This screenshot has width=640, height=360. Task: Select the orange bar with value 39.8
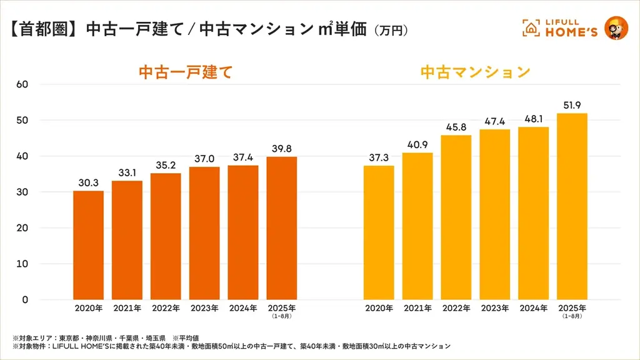282,228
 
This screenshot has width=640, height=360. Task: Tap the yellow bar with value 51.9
572,206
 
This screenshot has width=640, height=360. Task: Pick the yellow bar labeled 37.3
379,232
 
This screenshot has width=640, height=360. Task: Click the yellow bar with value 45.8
456,217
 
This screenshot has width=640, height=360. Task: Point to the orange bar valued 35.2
166,236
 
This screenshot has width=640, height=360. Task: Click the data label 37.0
204,159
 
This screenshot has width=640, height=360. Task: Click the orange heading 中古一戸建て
185,72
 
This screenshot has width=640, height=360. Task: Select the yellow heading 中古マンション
475,72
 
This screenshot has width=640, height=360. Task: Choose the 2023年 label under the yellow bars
494,308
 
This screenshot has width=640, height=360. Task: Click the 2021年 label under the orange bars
127,308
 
